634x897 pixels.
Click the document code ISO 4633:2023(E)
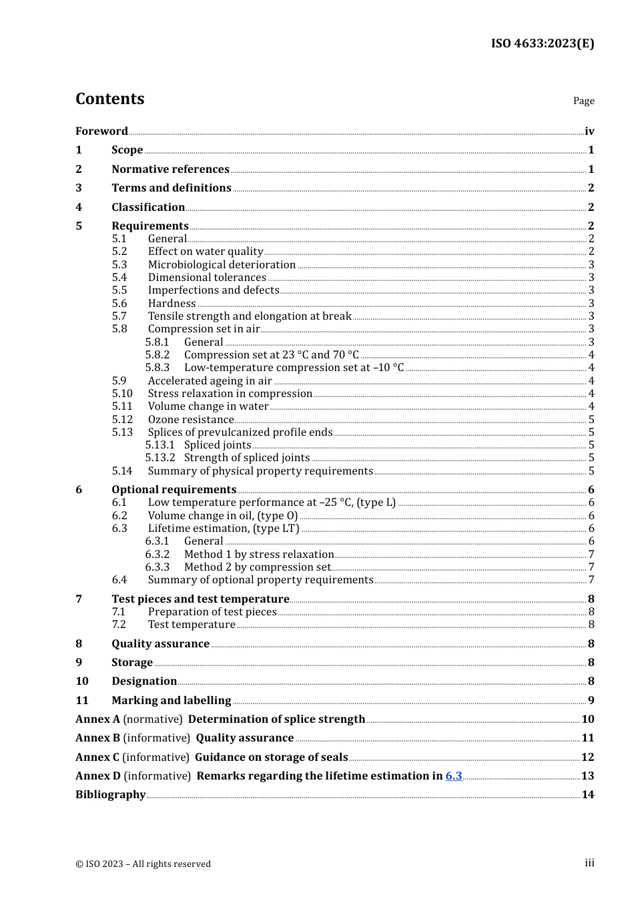542,43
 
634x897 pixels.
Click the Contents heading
109,99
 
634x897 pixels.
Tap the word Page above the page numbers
583,101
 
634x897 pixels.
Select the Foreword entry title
101,131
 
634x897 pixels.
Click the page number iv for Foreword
589,131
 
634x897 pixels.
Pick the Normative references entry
170,170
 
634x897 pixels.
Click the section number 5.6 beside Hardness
119,304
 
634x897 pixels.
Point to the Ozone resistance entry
191,420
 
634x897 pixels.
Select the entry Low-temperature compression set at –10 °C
294,368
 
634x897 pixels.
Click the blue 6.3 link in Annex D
454,776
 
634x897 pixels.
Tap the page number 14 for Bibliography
587,795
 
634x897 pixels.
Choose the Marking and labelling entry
171,701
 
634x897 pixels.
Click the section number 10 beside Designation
81,681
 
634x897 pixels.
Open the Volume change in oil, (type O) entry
223,516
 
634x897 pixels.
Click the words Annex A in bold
97,719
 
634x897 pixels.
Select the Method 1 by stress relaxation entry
259,555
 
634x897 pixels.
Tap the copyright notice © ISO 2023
143,864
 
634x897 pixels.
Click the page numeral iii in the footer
589,863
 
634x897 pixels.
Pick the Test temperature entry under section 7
192,625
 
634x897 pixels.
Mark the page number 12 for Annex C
587,758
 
